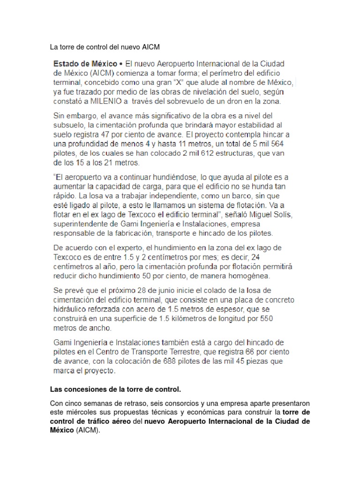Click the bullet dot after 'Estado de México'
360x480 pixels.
point(121,63)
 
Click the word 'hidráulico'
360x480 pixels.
point(73,309)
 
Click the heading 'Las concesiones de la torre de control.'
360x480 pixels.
point(115,390)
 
